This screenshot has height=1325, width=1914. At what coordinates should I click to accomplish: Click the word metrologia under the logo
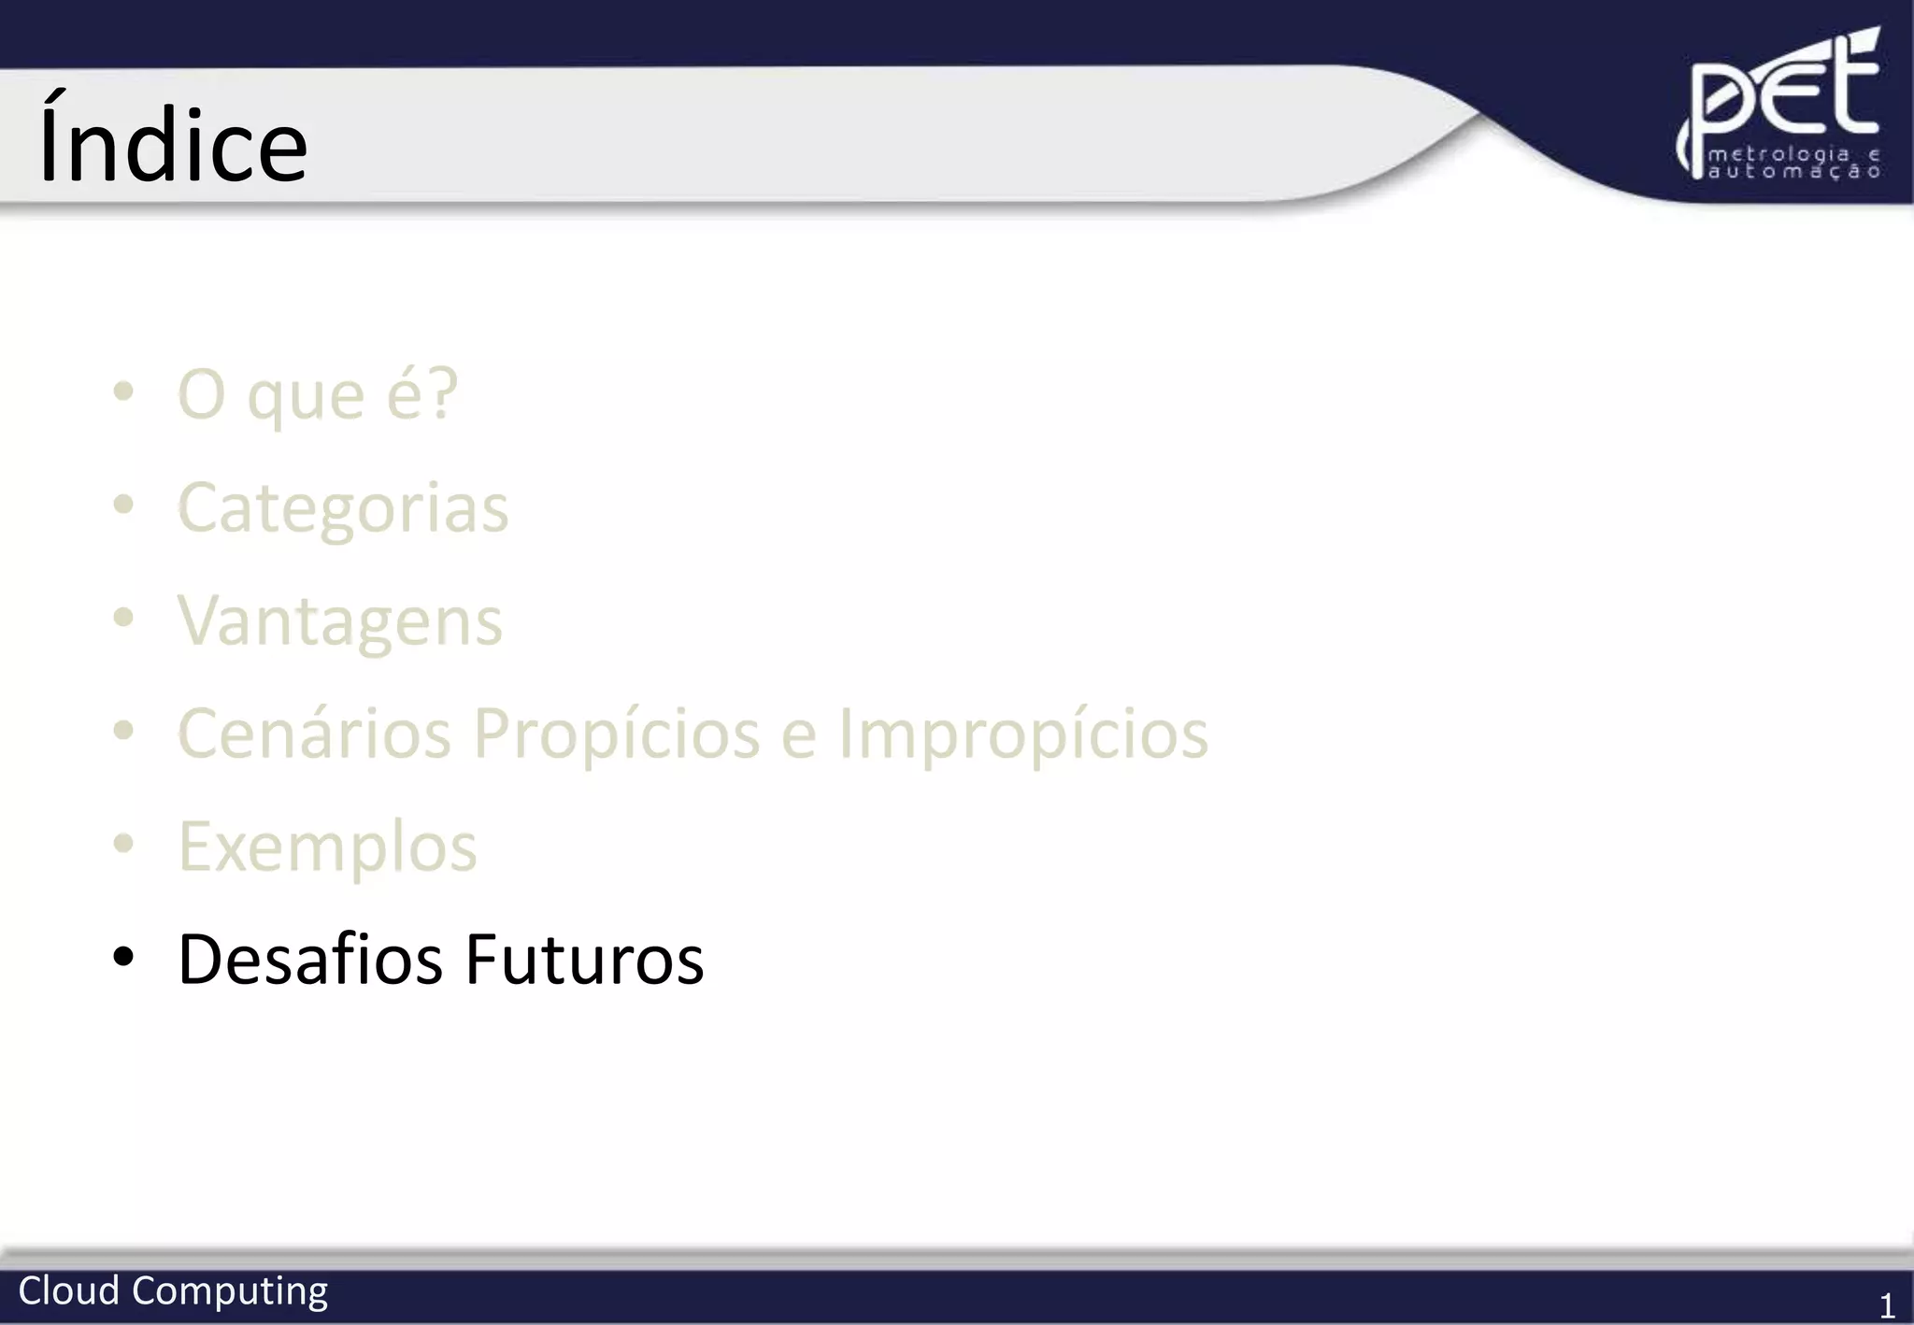click(x=1778, y=154)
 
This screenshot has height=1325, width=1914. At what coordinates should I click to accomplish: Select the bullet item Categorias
click(x=343, y=508)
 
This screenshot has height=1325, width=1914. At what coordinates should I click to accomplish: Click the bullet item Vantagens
click(x=340, y=621)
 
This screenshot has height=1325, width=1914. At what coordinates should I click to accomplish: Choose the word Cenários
click(x=314, y=734)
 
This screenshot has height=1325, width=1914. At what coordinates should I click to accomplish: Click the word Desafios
click(x=309, y=960)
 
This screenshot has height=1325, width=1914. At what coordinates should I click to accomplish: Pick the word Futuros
click(x=584, y=960)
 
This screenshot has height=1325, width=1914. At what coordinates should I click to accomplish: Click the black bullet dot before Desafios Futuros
click(x=123, y=957)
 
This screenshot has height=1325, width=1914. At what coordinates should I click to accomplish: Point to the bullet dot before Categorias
click(x=123, y=506)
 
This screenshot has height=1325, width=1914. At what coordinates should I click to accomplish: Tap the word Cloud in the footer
click(x=68, y=1290)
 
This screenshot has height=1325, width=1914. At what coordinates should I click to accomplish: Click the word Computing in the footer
click(x=230, y=1292)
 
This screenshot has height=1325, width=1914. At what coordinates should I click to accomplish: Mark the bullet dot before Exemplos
click(x=123, y=844)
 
